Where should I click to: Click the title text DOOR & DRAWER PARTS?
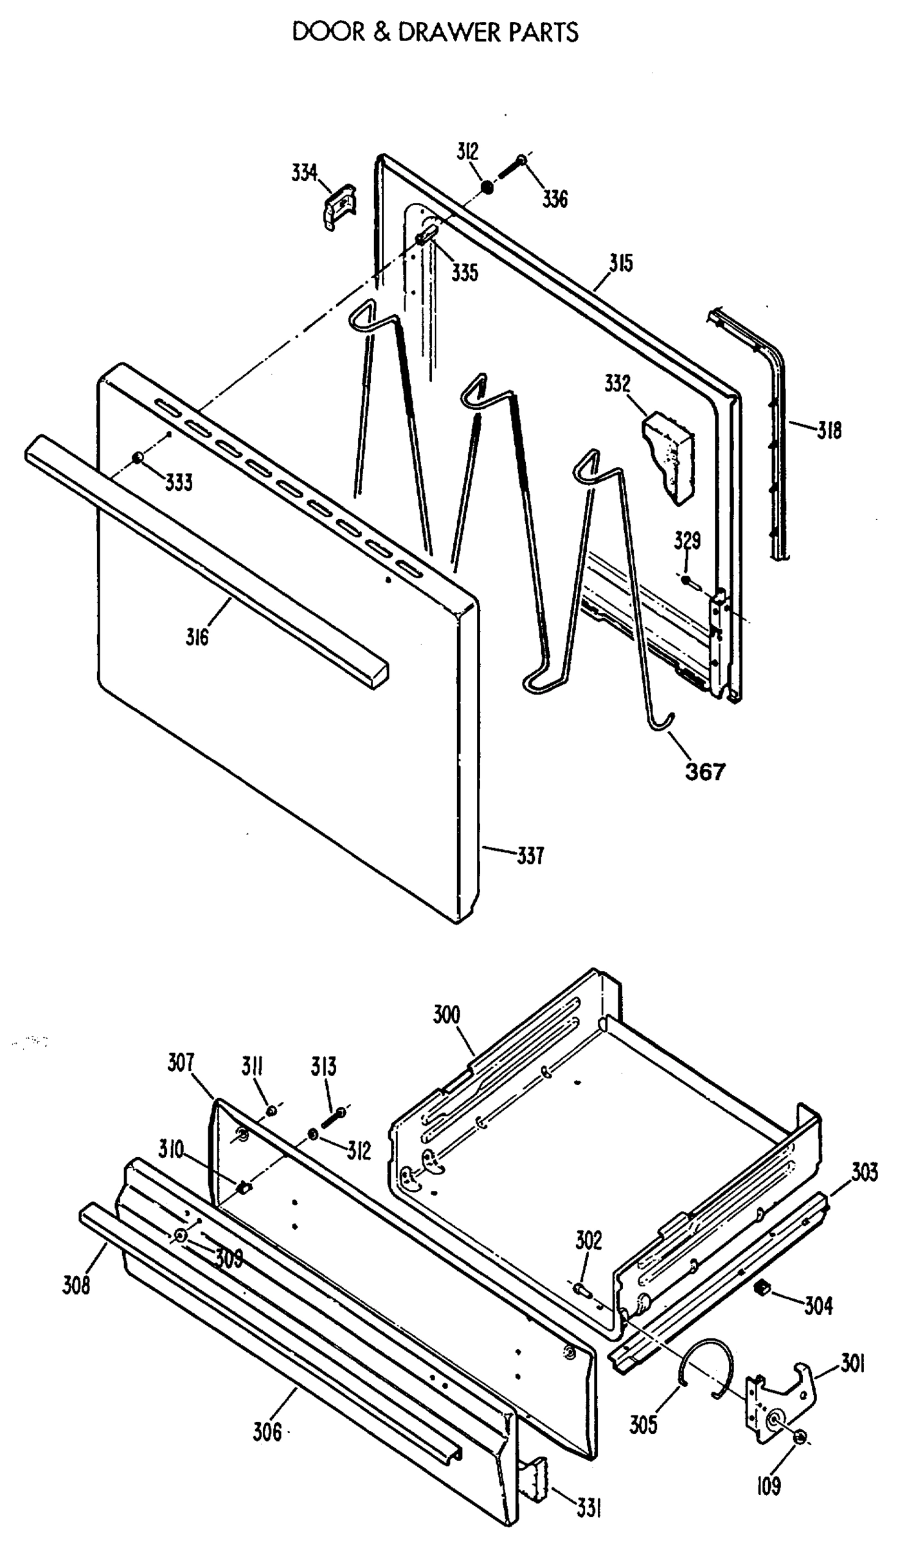click(435, 31)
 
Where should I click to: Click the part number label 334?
click(304, 173)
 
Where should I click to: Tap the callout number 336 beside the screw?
click(555, 199)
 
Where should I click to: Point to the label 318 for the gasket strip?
click(829, 430)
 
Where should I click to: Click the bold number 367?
click(705, 771)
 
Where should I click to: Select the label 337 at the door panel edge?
click(530, 856)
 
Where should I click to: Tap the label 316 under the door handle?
click(198, 637)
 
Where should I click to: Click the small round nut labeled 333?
click(137, 457)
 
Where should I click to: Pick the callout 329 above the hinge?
click(687, 540)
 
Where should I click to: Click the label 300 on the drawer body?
click(447, 1015)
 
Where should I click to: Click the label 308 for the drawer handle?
click(76, 1286)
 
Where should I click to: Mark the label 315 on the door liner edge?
click(621, 263)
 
